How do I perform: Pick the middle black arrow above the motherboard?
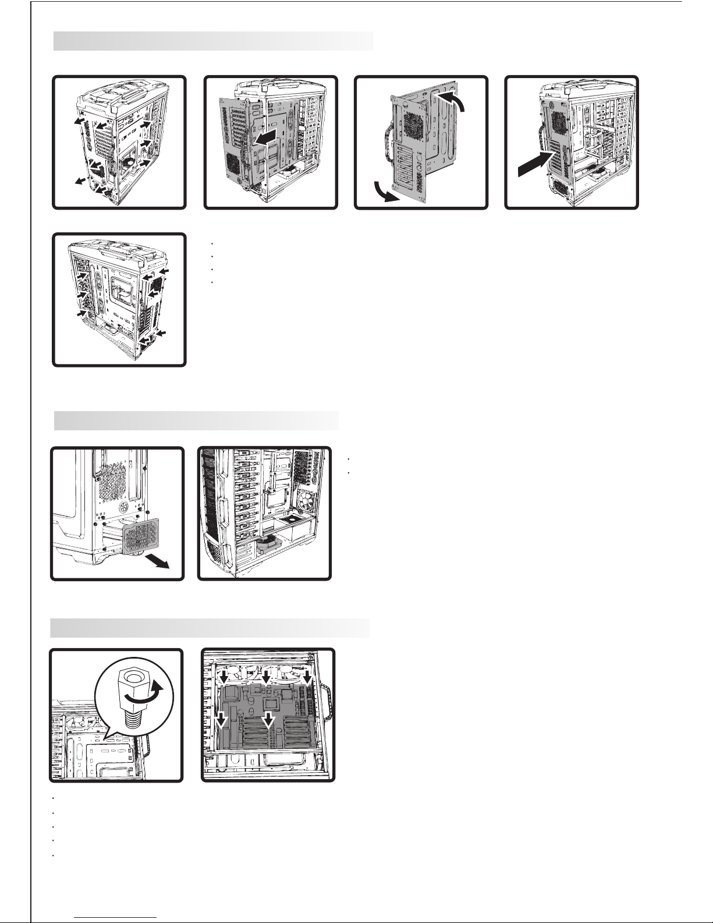pos(266,678)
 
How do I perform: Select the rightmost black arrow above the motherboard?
pos(306,678)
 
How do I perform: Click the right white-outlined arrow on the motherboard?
pos(267,720)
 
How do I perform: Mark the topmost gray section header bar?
pos(213,41)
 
